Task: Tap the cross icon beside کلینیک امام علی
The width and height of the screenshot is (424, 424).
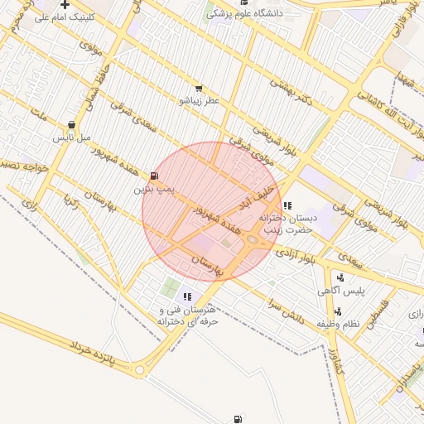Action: coord(65,4)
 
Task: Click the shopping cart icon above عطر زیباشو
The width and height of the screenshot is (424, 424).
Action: coord(198,88)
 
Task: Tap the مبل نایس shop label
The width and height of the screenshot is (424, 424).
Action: coord(71,137)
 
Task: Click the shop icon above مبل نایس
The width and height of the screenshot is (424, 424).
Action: coord(71,125)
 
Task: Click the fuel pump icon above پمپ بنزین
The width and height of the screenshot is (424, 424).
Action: coord(155,176)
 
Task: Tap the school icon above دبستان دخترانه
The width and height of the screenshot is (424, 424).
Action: coord(287,205)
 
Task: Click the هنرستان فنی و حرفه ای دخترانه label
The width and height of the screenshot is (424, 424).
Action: coord(187,315)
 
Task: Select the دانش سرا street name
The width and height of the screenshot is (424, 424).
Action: coord(286,311)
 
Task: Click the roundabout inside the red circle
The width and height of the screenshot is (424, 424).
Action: coord(252,240)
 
